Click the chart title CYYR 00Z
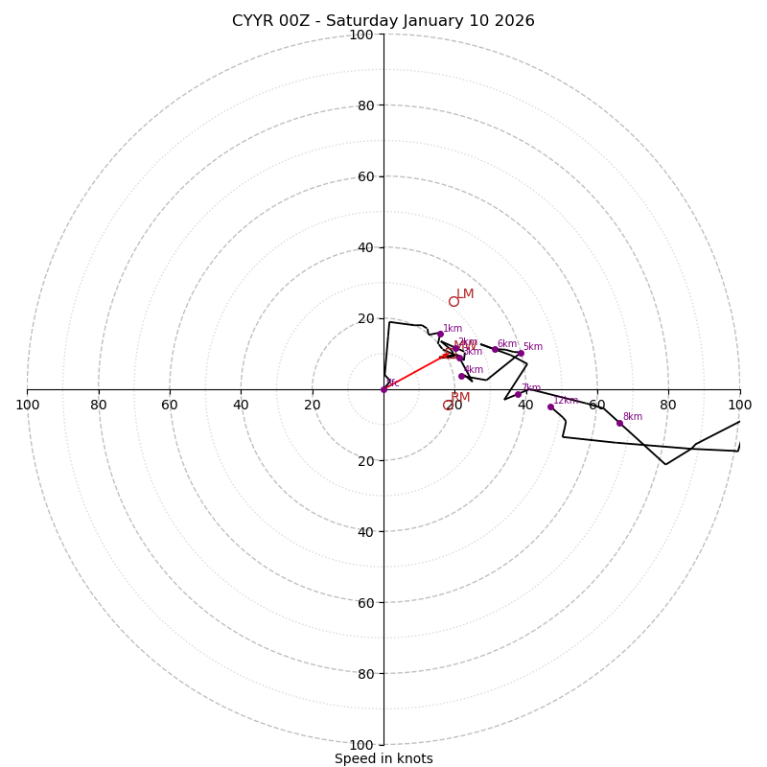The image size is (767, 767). (383, 21)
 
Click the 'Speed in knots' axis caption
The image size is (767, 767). (383, 758)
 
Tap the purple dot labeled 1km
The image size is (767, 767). (440, 334)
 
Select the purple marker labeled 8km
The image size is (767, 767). (619, 423)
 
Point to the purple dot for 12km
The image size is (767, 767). (550, 407)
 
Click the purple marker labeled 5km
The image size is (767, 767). (521, 353)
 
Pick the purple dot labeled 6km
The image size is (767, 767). (495, 349)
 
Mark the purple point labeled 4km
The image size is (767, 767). (461, 376)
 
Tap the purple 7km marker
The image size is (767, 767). (518, 394)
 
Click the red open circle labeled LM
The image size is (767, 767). (453, 301)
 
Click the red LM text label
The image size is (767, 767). (465, 294)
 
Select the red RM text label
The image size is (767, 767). (460, 397)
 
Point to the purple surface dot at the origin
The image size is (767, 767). (383, 389)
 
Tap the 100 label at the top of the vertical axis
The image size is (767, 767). (361, 35)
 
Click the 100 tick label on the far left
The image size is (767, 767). (27, 405)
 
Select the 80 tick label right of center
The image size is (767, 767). (668, 405)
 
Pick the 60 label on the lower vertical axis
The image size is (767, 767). (361, 602)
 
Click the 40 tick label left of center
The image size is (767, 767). (241, 405)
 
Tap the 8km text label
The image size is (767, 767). (633, 417)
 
